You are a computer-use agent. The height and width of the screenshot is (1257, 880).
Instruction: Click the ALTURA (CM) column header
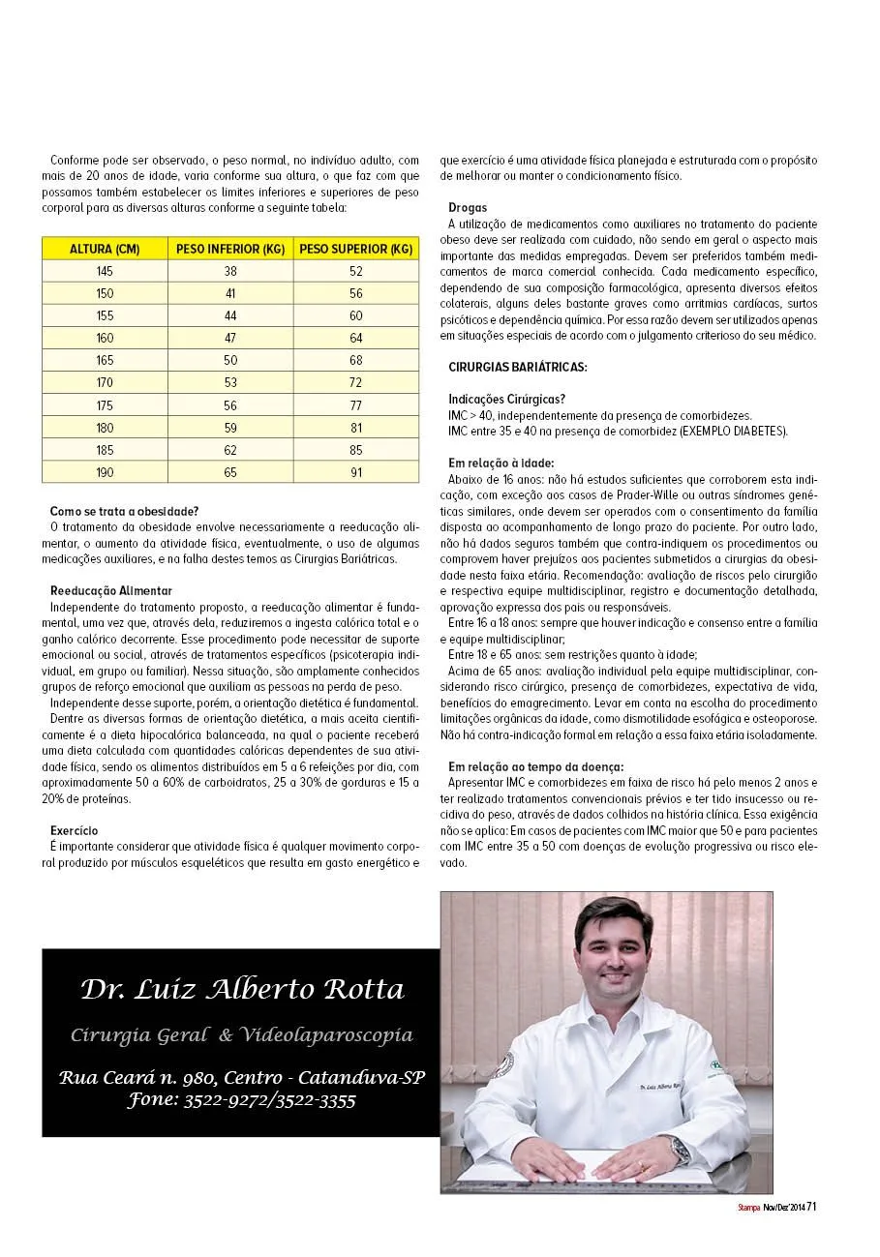click(105, 249)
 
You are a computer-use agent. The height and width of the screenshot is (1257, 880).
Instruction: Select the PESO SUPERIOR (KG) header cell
click(356, 249)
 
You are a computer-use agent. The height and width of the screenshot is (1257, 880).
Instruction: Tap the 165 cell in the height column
click(105, 360)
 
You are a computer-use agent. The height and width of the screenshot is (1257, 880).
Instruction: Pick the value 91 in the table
click(356, 472)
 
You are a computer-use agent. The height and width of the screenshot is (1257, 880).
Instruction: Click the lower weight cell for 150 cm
click(230, 293)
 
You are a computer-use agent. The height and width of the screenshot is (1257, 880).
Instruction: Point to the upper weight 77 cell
click(356, 405)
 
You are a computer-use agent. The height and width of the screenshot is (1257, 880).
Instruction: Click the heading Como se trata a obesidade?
click(124, 511)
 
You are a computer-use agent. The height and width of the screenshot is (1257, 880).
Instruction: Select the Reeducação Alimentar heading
click(111, 590)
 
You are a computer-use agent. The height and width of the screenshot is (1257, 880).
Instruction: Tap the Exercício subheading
click(75, 830)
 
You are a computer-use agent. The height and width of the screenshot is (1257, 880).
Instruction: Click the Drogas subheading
click(468, 208)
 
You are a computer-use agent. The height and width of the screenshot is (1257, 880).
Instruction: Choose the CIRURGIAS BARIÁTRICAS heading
click(518, 367)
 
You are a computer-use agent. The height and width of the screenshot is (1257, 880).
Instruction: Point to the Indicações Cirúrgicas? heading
click(507, 399)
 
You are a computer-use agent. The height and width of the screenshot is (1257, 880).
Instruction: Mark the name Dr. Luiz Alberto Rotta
click(242, 990)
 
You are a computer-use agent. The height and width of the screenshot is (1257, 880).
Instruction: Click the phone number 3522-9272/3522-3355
click(269, 1100)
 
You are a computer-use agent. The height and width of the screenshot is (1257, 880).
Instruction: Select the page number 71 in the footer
click(813, 1206)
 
